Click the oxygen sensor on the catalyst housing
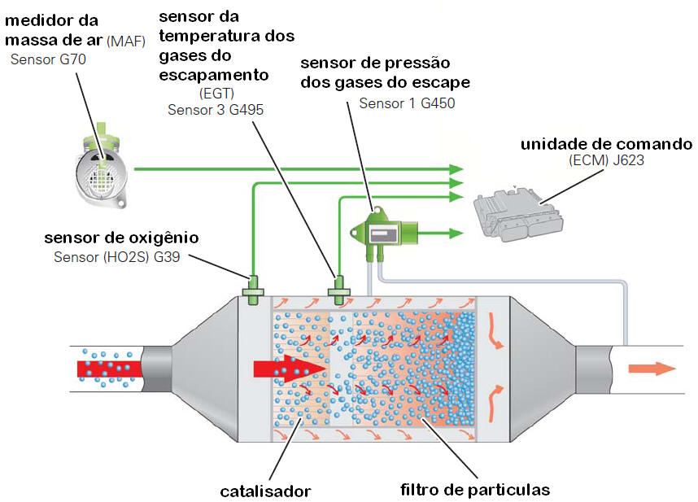[x=252, y=286]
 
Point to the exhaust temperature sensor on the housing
[x=338, y=286]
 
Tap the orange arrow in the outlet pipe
[x=652, y=368]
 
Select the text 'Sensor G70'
[x=48, y=59]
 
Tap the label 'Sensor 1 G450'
[x=407, y=103]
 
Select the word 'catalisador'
[x=265, y=491]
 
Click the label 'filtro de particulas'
[x=475, y=490]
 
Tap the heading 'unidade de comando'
[x=607, y=143]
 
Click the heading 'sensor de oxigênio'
[x=122, y=238]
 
